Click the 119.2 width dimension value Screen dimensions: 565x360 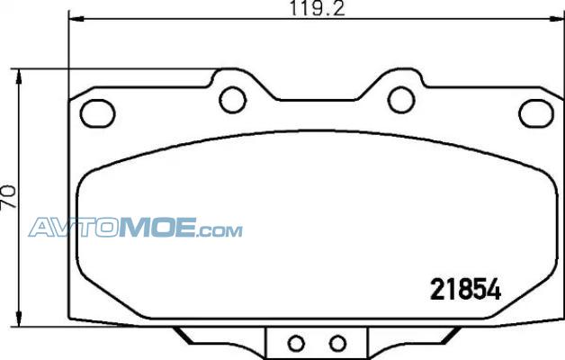318,8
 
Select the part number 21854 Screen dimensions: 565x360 465,290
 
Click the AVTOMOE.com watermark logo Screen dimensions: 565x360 136,228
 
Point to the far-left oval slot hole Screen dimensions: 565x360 97,113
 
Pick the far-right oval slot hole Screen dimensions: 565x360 536,113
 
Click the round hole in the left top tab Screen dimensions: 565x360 232,100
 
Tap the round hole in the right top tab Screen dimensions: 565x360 401,100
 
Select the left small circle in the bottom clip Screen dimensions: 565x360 296,343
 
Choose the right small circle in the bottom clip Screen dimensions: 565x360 337,343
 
